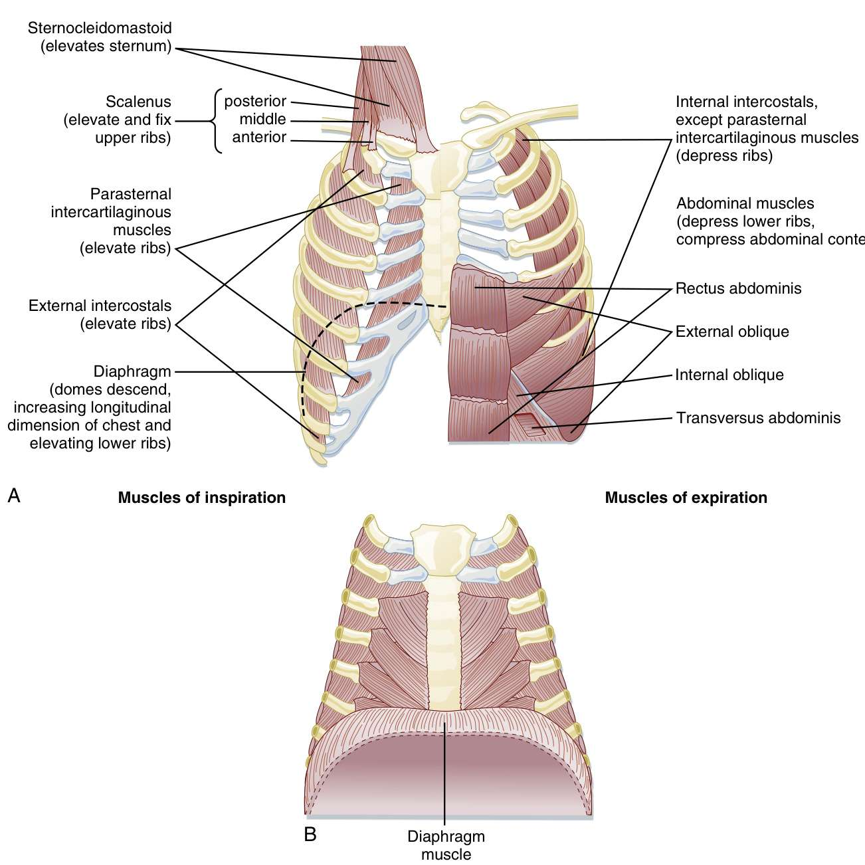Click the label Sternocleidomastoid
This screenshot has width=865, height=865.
pyautogui.click(x=100, y=29)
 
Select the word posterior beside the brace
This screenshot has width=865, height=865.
pyautogui.click(x=255, y=102)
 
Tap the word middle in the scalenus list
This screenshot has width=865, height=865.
pyautogui.click(x=262, y=120)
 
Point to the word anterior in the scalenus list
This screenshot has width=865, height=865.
pyautogui.click(x=259, y=138)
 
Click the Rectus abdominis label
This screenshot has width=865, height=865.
pyautogui.click(x=738, y=288)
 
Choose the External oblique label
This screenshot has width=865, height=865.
pyautogui.click(x=732, y=332)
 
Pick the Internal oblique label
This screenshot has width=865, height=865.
pyautogui.click(x=729, y=375)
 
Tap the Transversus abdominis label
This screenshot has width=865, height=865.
pyautogui.click(x=759, y=418)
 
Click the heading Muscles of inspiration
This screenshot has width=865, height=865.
pyautogui.click(x=202, y=498)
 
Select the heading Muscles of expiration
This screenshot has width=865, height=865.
pyautogui.click(x=686, y=498)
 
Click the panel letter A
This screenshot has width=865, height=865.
pyautogui.click(x=13, y=496)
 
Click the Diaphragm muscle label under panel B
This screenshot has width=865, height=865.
pyautogui.click(x=446, y=845)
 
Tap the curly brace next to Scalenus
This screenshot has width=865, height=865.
pyautogui.click(x=215, y=121)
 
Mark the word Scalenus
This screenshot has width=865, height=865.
pyautogui.click(x=138, y=102)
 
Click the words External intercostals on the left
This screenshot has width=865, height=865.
pyautogui.click(x=100, y=306)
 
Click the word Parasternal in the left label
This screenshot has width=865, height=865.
pyautogui.click(x=131, y=195)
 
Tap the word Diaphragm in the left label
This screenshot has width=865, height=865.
pyautogui.click(x=132, y=371)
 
